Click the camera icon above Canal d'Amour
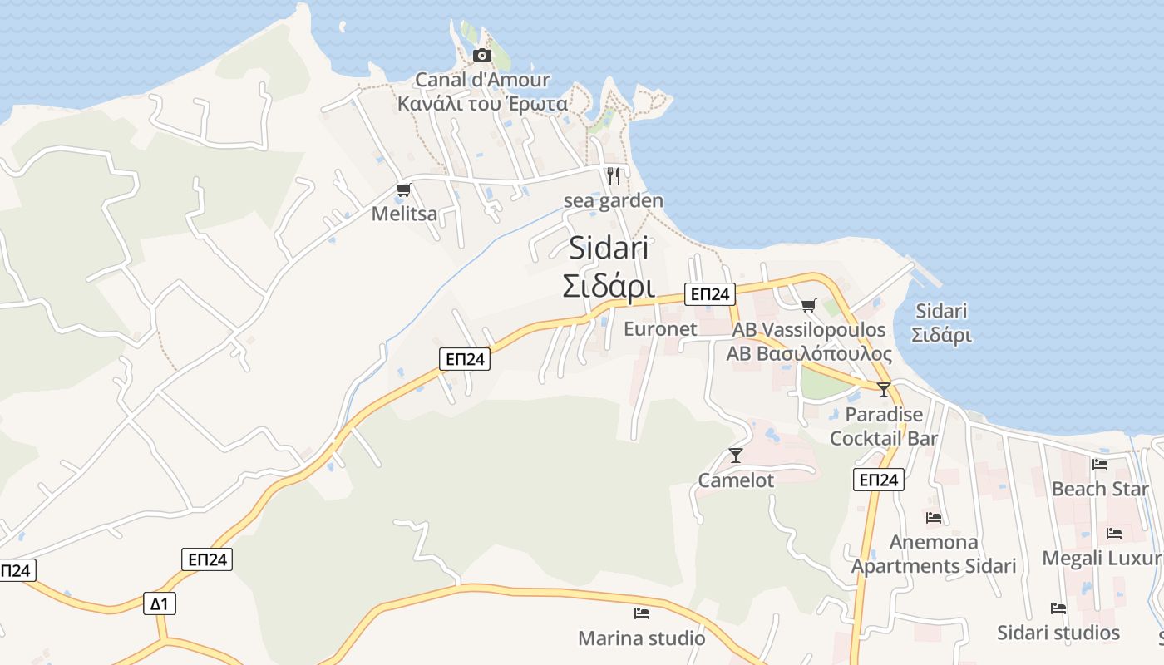(481, 56)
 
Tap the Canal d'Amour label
(482, 80)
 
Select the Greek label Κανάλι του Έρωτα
(482, 104)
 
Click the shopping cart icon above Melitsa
(404, 190)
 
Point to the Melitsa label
(404, 214)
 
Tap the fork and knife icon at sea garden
(614, 176)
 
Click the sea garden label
(614, 200)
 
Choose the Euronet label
(660, 328)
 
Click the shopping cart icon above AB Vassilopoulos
(809, 305)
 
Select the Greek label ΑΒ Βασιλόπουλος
(809, 354)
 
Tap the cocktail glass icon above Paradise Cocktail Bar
(884, 389)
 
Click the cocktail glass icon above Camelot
(736, 455)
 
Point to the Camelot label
(736, 480)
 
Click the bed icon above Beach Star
(1100, 464)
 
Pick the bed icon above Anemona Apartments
(934, 518)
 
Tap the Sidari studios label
(1058, 633)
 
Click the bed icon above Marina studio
(642, 613)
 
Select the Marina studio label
(642, 638)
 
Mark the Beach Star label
(1100, 489)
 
